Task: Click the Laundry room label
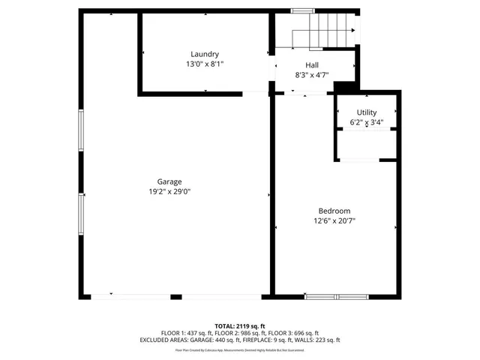coord(205,54)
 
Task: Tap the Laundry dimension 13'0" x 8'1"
coord(205,64)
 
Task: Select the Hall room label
coord(311,65)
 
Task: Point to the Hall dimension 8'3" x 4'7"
coord(311,75)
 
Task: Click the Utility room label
coord(367,112)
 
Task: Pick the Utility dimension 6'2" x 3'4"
coord(367,122)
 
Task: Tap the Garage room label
coord(169,181)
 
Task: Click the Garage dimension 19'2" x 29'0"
coord(169,192)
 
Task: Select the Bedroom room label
coord(334,211)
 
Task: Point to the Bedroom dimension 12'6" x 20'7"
coord(334,221)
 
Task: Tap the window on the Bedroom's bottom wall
coord(336,296)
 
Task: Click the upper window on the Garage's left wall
coord(81,132)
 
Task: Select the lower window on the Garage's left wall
coord(81,214)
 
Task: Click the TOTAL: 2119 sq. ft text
coord(240,326)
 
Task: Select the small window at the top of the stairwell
coord(302,10)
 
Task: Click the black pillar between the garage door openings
coord(176,296)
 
